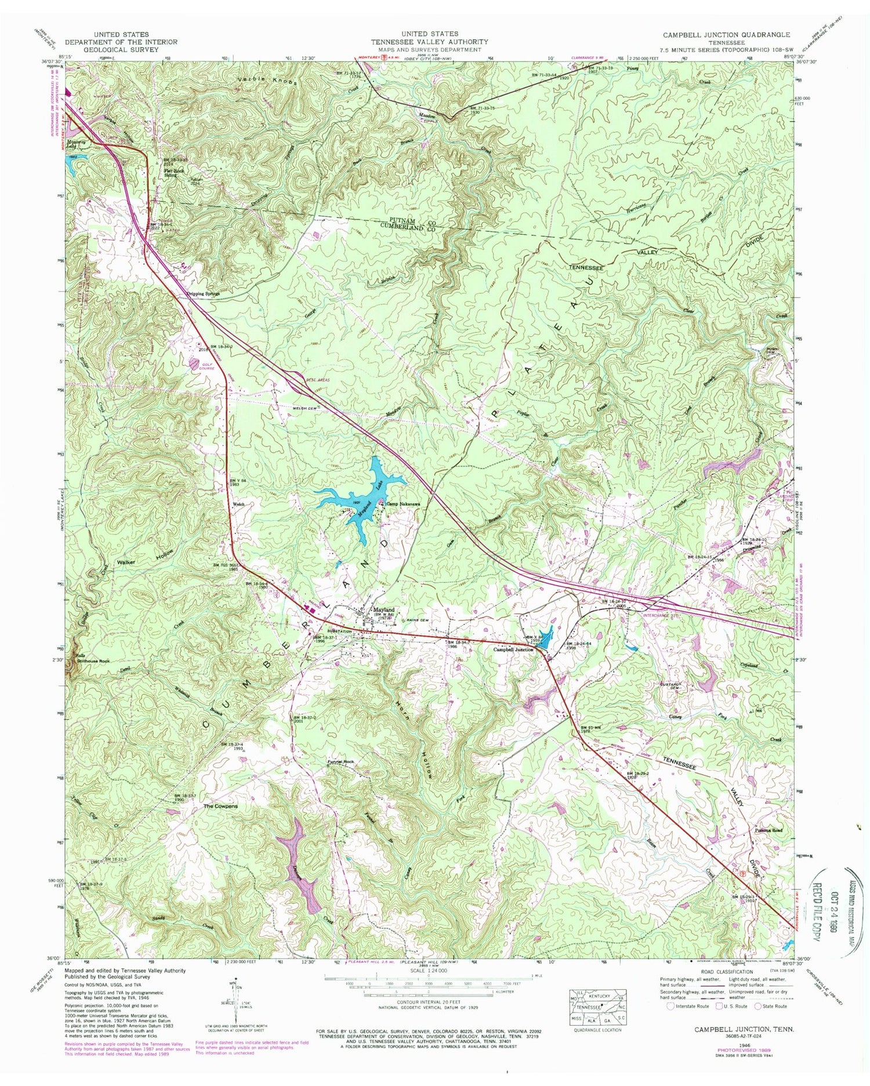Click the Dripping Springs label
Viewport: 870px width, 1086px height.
204,294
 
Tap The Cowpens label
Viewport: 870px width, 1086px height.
220,806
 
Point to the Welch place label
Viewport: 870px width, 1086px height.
238,504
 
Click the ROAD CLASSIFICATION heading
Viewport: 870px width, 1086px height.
717,971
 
